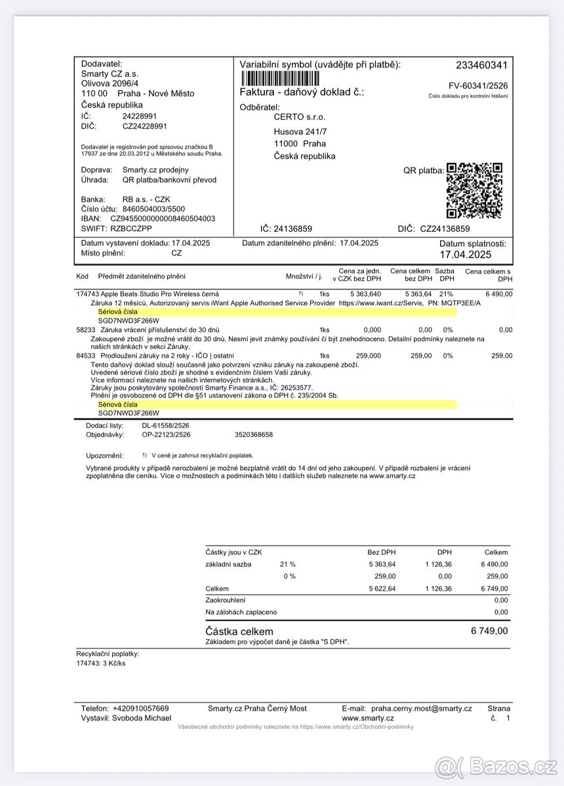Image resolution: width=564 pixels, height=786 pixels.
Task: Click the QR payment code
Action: [x=474, y=190]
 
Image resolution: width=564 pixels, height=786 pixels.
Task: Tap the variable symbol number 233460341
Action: [x=481, y=65]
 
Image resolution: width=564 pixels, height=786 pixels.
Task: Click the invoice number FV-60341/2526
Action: [x=477, y=86]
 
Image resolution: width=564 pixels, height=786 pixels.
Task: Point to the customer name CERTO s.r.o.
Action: [x=300, y=117]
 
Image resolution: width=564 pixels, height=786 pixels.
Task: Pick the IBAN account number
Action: [x=162, y=219]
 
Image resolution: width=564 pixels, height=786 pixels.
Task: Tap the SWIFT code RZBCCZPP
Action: [x=130, y=229]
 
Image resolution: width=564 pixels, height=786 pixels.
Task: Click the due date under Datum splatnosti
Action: [x=466, y=255]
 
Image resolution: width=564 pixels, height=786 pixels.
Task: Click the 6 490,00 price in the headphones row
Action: [x=499, y=294]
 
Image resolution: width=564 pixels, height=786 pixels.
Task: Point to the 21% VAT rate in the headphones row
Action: [x=446, y=294]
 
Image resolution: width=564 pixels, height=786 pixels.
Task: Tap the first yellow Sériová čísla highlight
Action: [x=275, y=312]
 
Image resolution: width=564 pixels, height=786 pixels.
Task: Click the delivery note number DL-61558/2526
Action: [x=166, y=426]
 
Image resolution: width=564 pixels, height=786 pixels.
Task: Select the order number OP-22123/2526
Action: [x=167, y=434]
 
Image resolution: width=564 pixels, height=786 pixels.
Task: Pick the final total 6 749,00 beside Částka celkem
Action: [x=489, y=631]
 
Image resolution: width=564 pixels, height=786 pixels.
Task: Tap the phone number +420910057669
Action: [x=140, y=709]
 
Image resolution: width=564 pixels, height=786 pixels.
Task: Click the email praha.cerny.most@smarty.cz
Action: [x=421, y=709]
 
